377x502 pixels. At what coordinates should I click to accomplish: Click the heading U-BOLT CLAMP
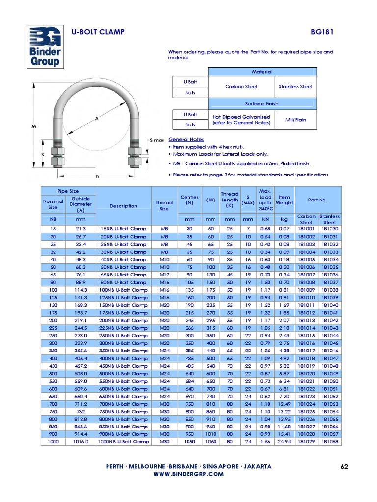pyautogui.click(x=98, y=32)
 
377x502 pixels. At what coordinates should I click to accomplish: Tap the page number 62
pyautogui.click(x=344, y=466)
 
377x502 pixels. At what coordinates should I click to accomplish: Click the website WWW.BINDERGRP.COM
pyautogui.click(x=188, y=474)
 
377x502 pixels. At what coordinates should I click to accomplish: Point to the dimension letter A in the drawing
pyautogui.click(x=97, y=119)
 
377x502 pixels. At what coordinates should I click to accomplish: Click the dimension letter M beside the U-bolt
pyautogui.click(x=34, y=126)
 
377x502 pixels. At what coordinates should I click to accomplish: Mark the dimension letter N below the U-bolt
pyautogui.click(x=97, y=176)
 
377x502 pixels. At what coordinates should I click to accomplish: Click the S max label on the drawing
pyautogui.click(x=157, y=140)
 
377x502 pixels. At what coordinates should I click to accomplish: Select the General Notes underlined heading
pyautogui.click(x=186, y=139)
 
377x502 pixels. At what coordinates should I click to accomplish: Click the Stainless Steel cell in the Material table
pyautogui.click(x=295, y=87)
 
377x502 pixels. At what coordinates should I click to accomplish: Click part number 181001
pyautogui.click(x=306, y=229)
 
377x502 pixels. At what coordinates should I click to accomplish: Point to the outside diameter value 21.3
pyautogui.click(x=81, y=229)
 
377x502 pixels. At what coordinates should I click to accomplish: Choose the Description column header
pyautogui.click(x=123, y=206)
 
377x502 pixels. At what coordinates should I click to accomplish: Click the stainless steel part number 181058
pyautogui.click(x=330, y=442)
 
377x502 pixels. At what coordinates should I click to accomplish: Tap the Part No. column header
pyautogui.click(x=318, y=200)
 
